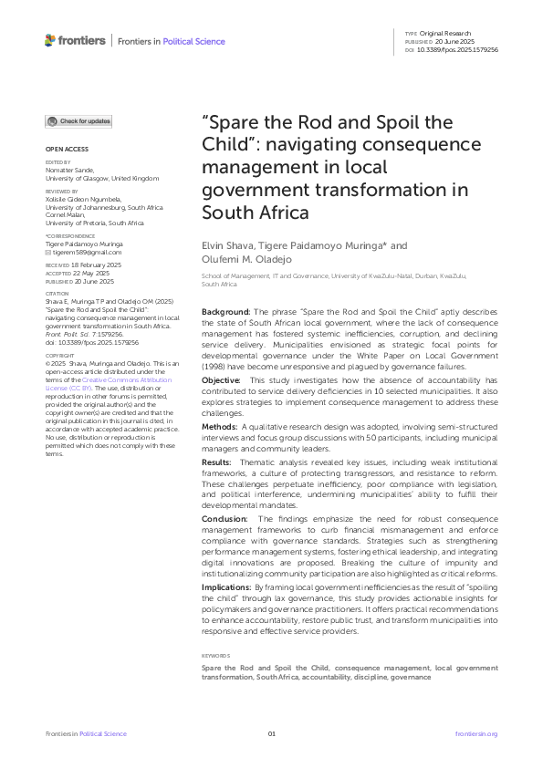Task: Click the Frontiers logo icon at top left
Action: (x=50, y=40)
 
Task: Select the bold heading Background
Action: (x=225, y=312)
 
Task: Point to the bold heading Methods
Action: (x=220, y=427)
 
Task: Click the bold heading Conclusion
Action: (x=225, y=518)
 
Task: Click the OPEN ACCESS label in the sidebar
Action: (x=67, y=149)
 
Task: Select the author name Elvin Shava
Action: (x=225, y=245)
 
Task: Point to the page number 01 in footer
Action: (x=271, y=734)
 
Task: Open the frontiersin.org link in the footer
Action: (x=475, y=734)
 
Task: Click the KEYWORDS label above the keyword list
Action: (x=216, y=655)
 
